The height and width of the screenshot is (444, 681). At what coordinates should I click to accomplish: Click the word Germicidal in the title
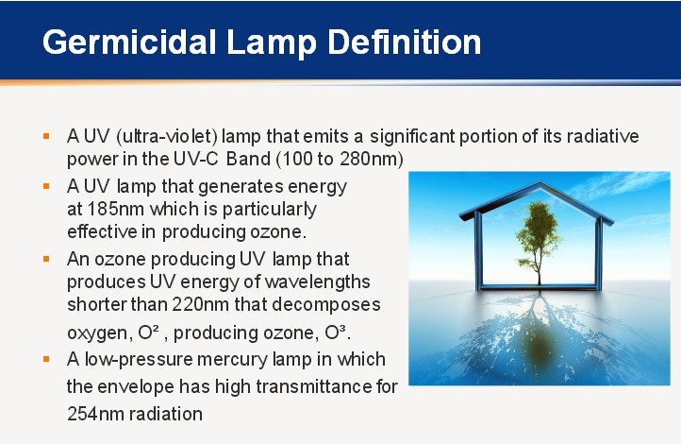tap(129, 43)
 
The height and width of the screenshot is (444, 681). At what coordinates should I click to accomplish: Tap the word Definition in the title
tap(405, 42)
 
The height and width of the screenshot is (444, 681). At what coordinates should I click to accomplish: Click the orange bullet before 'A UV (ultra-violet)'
tap(46, 137)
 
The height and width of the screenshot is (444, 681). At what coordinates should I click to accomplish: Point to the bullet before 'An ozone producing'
tap(46, 259)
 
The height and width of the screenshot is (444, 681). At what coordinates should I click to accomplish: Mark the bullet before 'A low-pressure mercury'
tap(46, 359)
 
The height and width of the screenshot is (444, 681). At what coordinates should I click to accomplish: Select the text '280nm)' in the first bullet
tap(372, 159)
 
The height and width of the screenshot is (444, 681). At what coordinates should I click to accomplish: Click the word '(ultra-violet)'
tap(167, 137)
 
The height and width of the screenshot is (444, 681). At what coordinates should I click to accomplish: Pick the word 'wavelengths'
tap(317, 282)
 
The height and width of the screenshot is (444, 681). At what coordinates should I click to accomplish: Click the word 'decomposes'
tap(325, 305)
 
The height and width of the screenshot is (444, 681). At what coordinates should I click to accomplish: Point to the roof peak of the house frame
tap(540, 182)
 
